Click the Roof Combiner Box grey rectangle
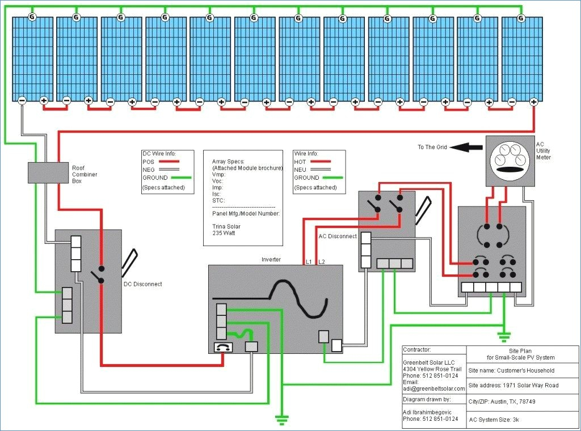tap(48, 172)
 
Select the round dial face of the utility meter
tap(511, 160)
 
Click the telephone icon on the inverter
tap(224, 347)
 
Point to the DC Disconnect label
tap(142, 284)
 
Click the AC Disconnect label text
tap(338, 236)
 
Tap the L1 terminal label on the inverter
tap(309, 262)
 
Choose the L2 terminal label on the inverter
tap(321, 262)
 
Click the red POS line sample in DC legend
tap(169, 162)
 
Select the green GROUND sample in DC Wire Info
tap(181, 178)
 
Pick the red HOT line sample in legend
tap(321, 162)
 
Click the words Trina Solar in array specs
tap(226, 227)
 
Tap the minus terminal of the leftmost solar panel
tap(22, 100)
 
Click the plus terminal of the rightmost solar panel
tap(533, 101)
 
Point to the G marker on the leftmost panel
tap(32, 16)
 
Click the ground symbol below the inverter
tap(282, 420)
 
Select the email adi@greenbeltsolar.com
tap(434, 389)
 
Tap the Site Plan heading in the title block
tap(520, 351)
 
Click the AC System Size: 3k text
tap(494, 420)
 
